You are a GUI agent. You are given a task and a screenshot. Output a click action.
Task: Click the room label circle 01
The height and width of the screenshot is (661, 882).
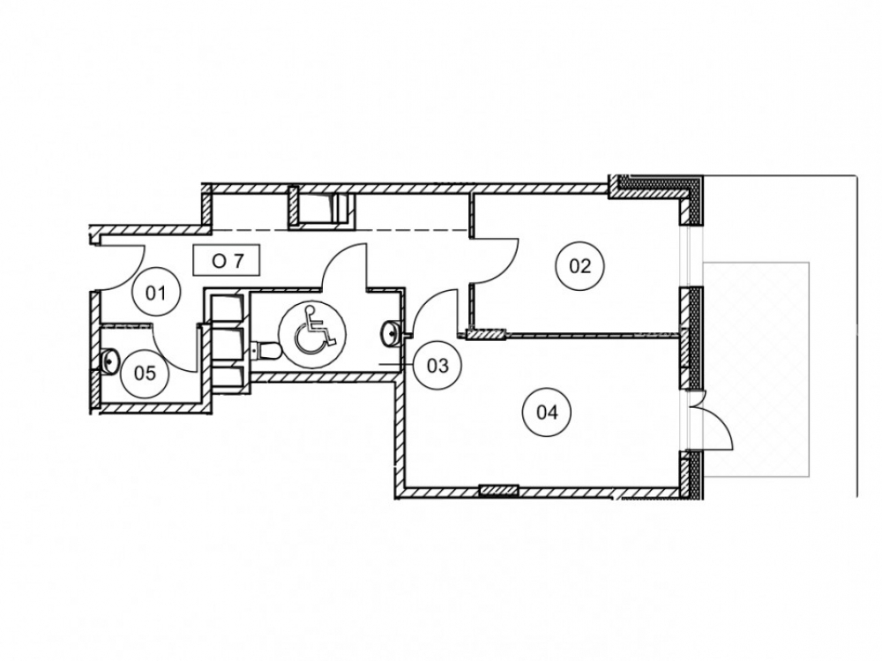tap(156, 293)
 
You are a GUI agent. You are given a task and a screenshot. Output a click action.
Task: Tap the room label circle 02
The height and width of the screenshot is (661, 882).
tap(580, 265)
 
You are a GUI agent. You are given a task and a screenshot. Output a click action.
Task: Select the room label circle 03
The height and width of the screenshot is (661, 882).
tap(437, 366)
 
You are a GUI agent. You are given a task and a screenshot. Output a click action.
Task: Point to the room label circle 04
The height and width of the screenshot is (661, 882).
tap(547, 412)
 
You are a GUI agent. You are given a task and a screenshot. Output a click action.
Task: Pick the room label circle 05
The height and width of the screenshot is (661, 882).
tap(145, 373)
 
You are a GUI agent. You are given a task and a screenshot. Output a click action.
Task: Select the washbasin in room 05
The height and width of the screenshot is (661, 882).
tap(110, 360)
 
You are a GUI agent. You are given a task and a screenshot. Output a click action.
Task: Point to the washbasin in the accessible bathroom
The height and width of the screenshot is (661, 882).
tap(390, 331)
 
